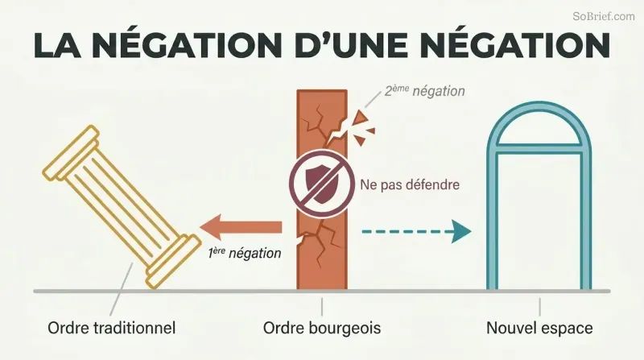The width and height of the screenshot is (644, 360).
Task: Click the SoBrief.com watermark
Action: pyautogui.click(x=603, y=16)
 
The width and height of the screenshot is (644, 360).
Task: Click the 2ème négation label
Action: pyautogui.click(x=424, y=91)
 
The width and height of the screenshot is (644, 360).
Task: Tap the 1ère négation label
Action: pyautogui.click(x=245, y=253)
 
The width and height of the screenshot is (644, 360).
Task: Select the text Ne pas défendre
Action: pyautogui.click(x=410, y=184)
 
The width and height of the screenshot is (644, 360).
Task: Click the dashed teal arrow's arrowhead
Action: pyautogui.click(x=460, y=231)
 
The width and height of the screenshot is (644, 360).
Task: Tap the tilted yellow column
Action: pyautogui.click(x=122, y=206)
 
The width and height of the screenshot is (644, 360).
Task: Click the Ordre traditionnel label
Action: pyautogui.click(x=112, y=328)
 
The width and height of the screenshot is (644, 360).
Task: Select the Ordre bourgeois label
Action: pyautogui.click(x=322, y=328)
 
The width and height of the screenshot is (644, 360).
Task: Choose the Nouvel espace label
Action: pyautogui.click(x=539, y=328)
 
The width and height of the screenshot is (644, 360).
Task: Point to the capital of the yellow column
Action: pyautogui.click(x=71, y=152)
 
